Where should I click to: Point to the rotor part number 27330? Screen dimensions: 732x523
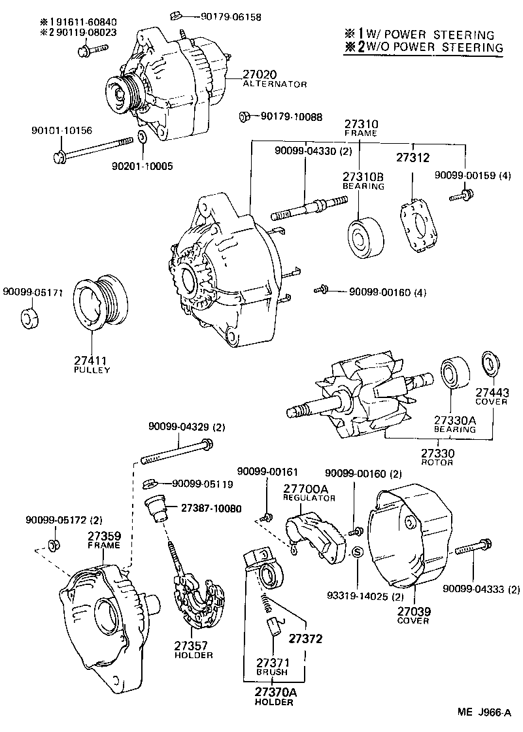tap(437, 452)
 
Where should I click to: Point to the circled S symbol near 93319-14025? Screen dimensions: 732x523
tap(358, 553)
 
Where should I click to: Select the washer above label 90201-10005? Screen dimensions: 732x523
tap(142, 138)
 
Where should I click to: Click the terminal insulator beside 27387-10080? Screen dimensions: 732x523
tap(156, 508)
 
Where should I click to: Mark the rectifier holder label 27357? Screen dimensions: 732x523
tap(190, 645)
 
